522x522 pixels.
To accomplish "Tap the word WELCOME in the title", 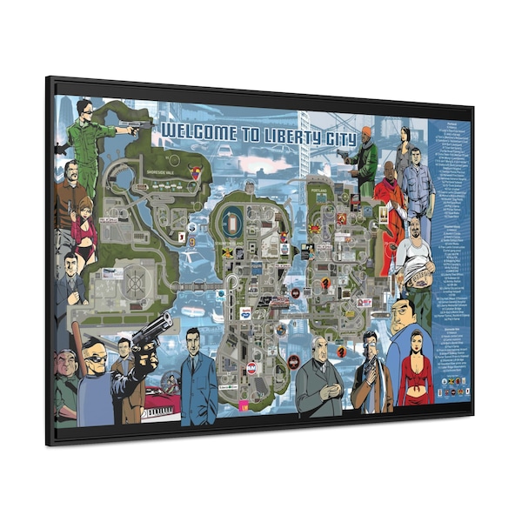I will [195, 130].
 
